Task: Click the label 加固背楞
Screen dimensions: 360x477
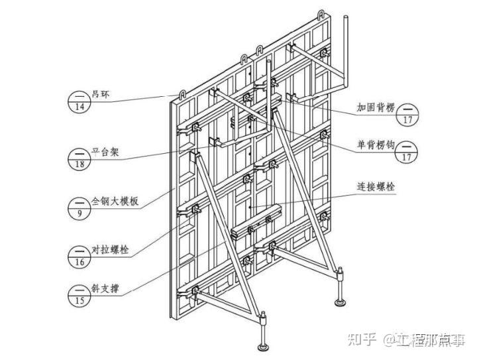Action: coord(375,106)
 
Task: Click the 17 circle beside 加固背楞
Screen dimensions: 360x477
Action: coord(407,113)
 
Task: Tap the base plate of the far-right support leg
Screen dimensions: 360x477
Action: coord(341,304)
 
